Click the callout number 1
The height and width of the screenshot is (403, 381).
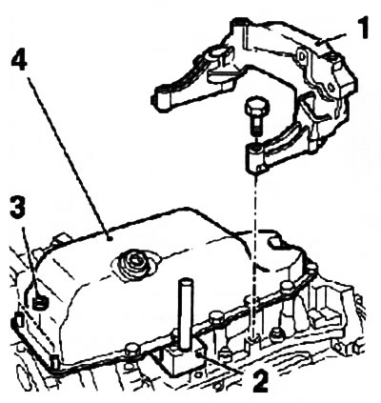click(x=362, y=28)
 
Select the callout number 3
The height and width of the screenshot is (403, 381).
click(x=18, y=207)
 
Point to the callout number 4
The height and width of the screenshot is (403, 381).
click(x=19, y=64)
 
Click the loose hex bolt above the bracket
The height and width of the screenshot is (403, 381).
click(x=255, y=116)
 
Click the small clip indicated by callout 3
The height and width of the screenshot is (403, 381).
click(x=41, y=303)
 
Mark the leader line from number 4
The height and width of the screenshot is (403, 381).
click(x=68, y=157)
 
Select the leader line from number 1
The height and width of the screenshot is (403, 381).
click(x=333, y=39)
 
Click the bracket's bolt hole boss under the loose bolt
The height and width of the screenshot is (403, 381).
click(x=256, y=155)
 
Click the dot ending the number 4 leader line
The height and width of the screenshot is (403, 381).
click(x=109, y=238)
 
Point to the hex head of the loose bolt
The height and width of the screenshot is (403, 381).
click(x=256, y=108)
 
